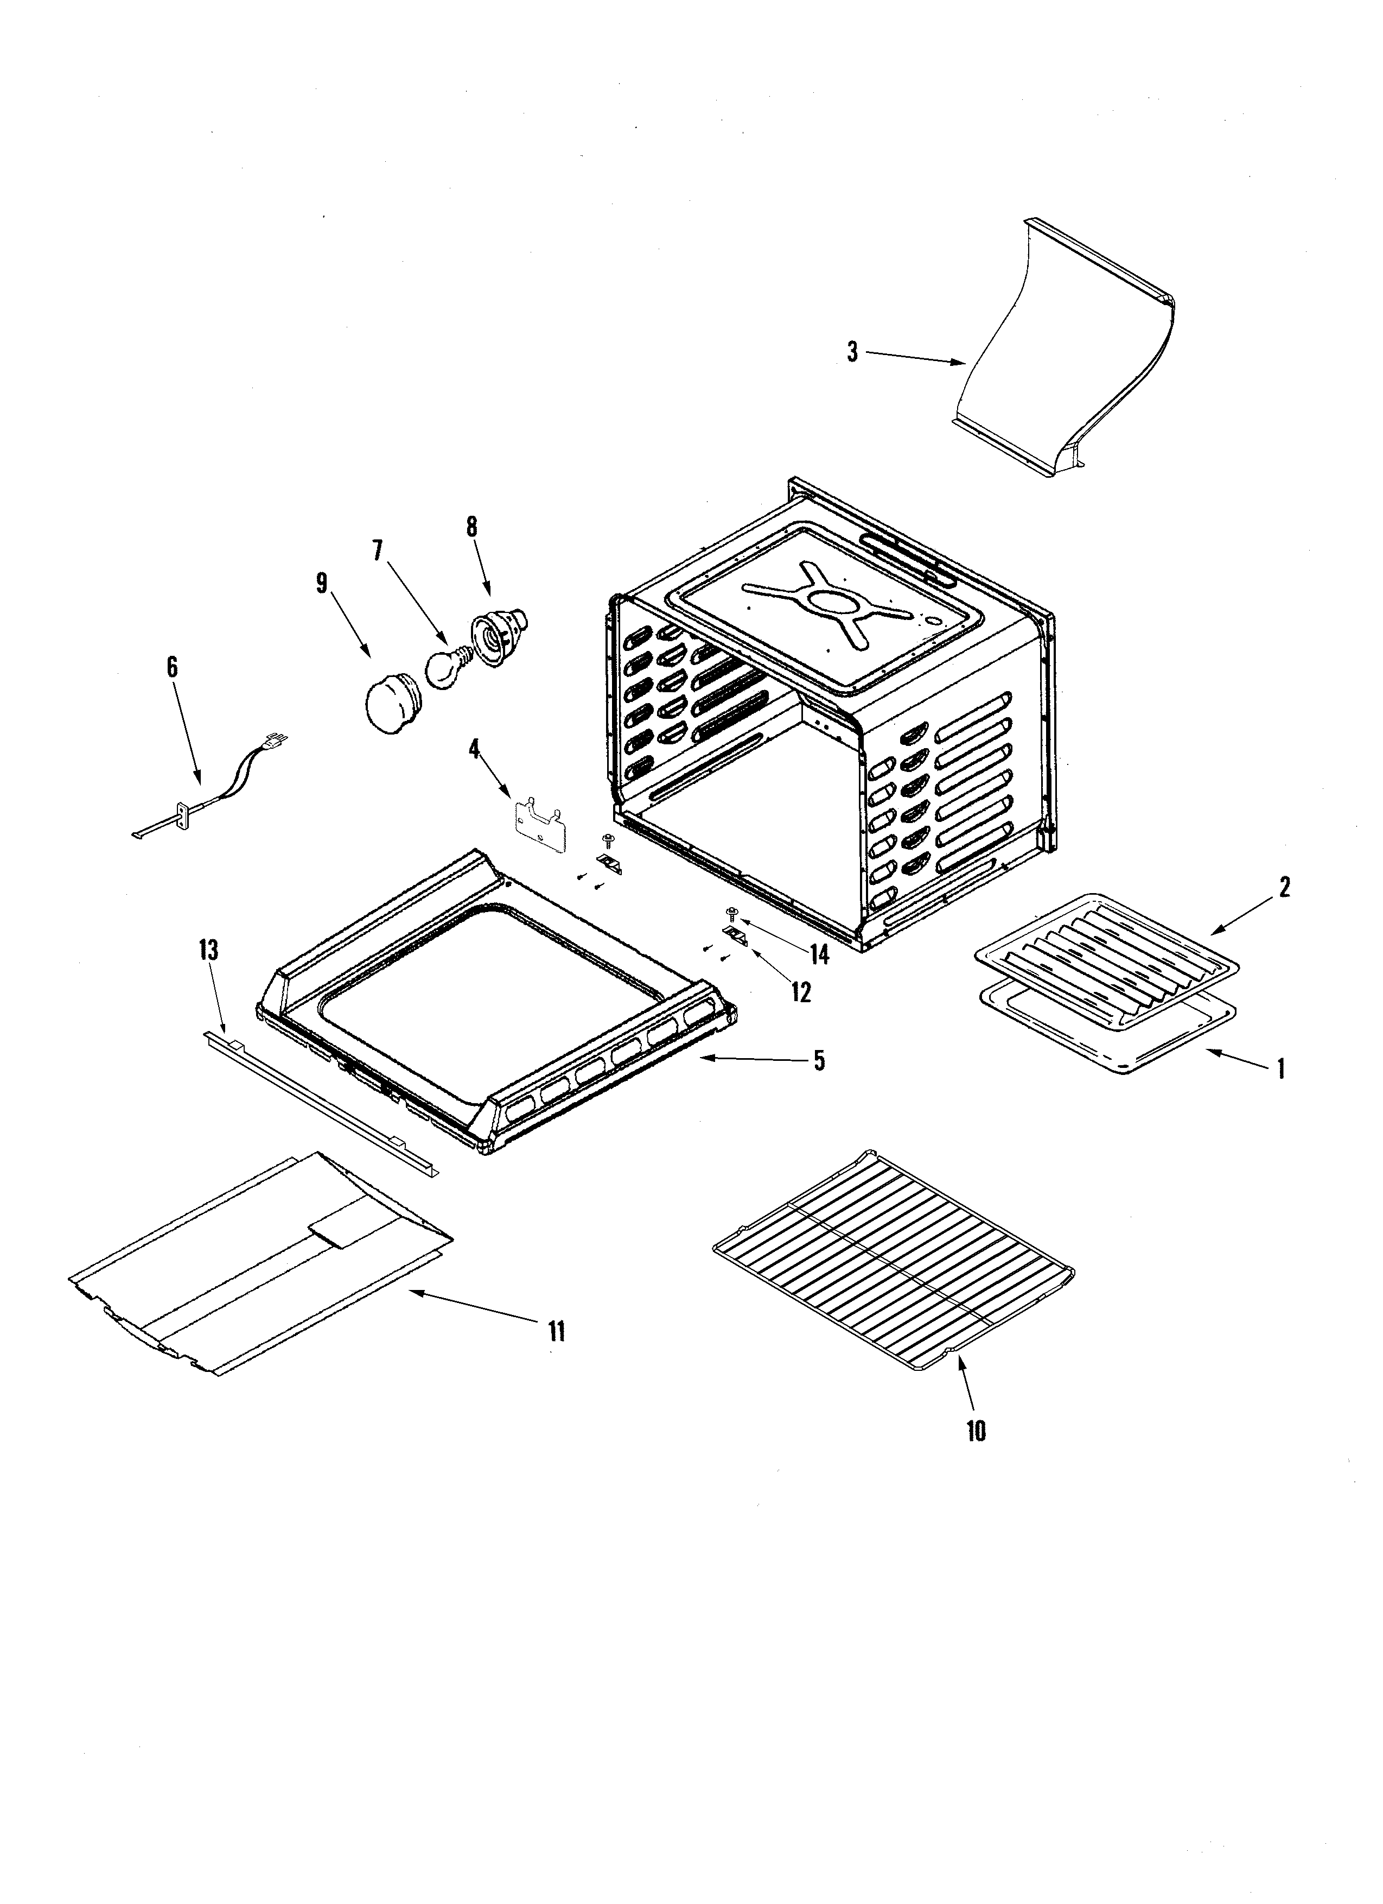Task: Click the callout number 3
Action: click(852, 352)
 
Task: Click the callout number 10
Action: click(975, 1431)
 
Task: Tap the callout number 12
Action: click(801, 992)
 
